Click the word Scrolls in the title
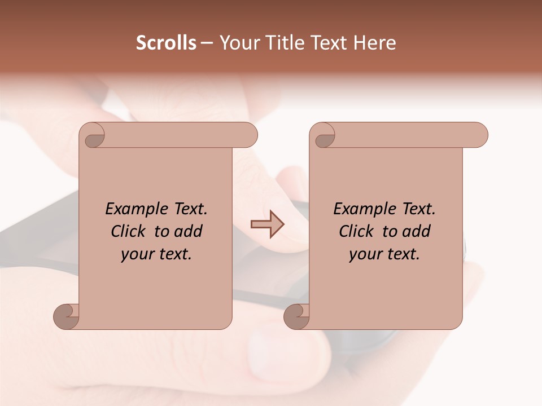coord(166,43)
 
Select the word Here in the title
coord(374,43)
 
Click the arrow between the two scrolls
coord(267,224)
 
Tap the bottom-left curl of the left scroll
coord(67,316)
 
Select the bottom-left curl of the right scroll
coord(297,316)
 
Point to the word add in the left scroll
coord(189,231)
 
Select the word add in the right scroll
coord(417,231)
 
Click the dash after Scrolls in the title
coord(207,43)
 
